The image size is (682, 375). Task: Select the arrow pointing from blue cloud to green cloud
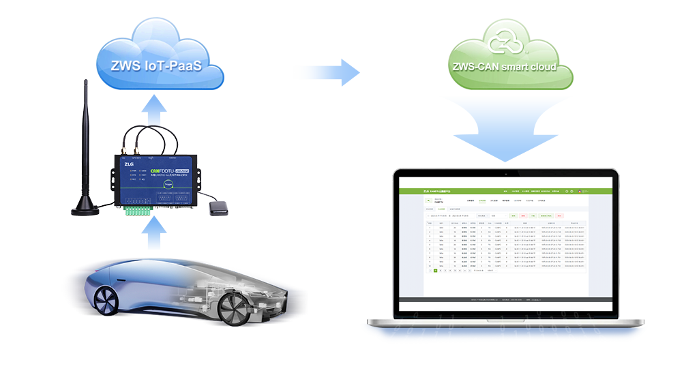326,72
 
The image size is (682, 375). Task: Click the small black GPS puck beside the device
219,207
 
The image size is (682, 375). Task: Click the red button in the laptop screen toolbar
559,215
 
